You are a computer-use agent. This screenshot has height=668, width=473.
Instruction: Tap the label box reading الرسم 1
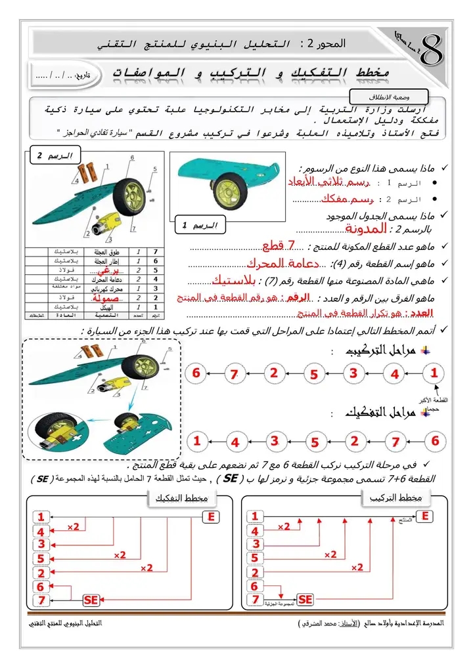(x=200, y=226)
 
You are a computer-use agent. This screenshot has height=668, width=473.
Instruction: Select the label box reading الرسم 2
(x=55, y=156)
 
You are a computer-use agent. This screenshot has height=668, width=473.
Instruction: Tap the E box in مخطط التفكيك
(x=211, y=517)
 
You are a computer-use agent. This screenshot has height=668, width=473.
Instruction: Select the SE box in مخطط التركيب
(x=305, y=600)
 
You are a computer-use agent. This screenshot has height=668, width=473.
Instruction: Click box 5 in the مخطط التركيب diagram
(x=255, y=558)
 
